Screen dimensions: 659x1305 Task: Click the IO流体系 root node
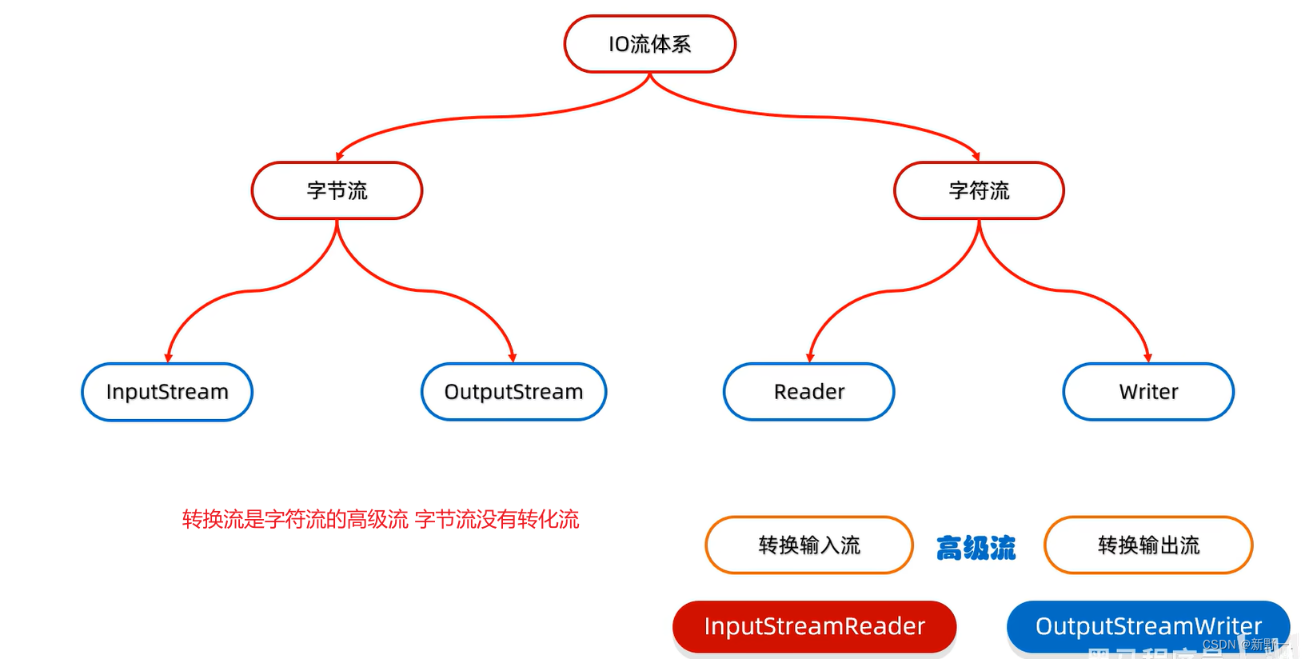tap(649, 44)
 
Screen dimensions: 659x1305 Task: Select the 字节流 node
tap(337, 190)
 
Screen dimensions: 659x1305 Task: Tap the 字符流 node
tap(979, 190)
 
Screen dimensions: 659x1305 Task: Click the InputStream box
tap(167, 392)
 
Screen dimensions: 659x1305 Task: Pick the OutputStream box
tap(513, 392)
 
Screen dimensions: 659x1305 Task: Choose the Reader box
tap(808, 392)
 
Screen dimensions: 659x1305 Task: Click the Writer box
tap(1148, 392)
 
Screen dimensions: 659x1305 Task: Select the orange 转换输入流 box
tap(808, 545)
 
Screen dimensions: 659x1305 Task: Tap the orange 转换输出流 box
tap(1148, 545)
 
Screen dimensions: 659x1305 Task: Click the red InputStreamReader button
tap(814, 626)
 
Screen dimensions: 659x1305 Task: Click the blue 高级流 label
tap(976, 549)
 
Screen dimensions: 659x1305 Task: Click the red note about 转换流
tap(381, 520)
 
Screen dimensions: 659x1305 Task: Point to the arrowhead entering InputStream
tap(168, 358)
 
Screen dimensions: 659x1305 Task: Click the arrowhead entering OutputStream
tap(513, 358)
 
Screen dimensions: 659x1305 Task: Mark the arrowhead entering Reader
tap(810, 358)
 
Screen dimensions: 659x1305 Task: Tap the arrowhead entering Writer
tap(1148, 358)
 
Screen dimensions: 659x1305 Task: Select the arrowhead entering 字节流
tap(340, 156)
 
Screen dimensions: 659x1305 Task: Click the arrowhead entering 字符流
tap(976, 156)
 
